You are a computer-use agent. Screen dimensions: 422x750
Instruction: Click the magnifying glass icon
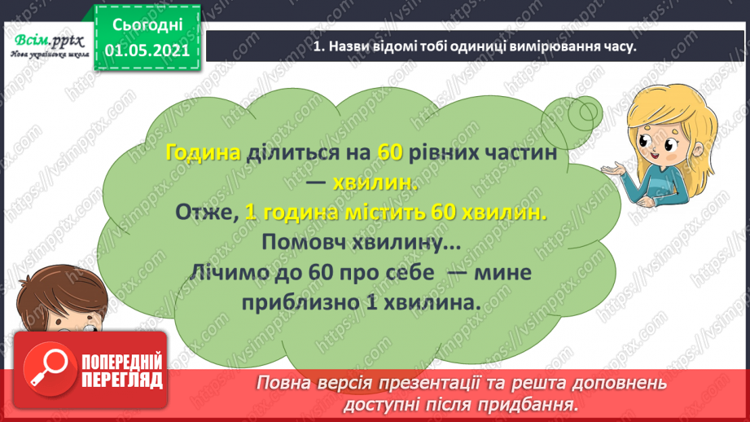pyautogui.click(x=43, y=369)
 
